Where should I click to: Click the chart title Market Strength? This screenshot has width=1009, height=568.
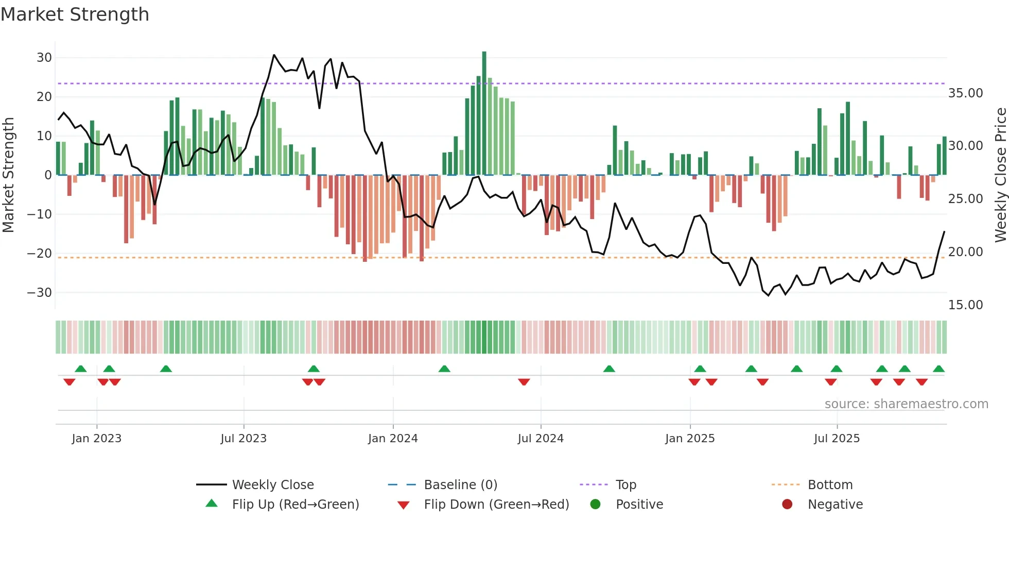point(75,14)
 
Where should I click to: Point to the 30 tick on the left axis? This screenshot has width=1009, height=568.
point(44,58)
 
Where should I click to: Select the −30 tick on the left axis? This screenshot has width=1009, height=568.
point(40,293)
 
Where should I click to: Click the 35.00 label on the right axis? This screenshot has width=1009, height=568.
point(965,93)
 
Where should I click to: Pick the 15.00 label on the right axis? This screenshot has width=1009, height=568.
point(965,305)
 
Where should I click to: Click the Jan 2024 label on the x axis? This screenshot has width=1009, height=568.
point(393,439)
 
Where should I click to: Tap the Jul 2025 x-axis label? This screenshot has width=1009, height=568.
point(837,439)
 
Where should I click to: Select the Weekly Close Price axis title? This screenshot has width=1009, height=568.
point(1000,175)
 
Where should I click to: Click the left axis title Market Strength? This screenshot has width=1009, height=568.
point(9,175)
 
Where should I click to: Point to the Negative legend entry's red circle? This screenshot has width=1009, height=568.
point(787,505)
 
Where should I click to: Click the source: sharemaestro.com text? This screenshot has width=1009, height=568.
point(906,404)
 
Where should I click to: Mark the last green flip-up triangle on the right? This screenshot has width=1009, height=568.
point(938,369)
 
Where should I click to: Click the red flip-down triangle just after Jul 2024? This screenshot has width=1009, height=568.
point(524,382)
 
